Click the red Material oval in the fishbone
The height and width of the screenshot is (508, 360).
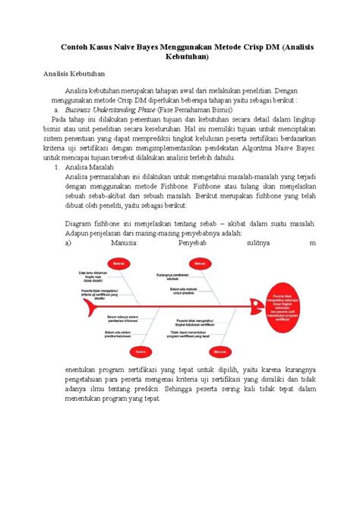[x=118, y=263]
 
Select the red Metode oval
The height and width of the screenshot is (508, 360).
[x=198, y=263]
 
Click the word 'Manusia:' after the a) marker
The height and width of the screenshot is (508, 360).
[x=122, y=245]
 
